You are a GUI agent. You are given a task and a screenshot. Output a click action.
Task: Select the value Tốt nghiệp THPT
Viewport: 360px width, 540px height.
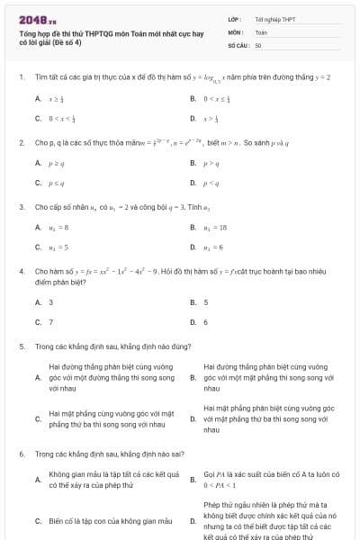click(274, 19)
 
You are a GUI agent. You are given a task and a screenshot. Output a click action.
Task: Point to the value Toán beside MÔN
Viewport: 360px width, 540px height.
click(261, 31)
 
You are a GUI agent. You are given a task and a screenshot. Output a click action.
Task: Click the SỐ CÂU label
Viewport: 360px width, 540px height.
click(238, 44)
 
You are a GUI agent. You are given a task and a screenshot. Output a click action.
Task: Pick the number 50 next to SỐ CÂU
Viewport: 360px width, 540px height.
click(258, 44)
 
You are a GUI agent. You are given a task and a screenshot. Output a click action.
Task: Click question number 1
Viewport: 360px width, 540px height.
click(21, 77)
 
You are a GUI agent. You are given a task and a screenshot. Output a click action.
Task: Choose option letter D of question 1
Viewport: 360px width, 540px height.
click(193, 118)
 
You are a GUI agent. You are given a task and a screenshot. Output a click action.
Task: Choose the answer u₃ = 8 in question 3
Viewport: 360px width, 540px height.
click(58, 228)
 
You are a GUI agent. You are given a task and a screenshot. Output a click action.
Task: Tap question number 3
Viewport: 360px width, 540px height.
click(21, 207)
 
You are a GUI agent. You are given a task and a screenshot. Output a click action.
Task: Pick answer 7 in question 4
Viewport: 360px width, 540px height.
click(51, 321)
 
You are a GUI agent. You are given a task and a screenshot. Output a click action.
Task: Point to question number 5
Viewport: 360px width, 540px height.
click(21, 346)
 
